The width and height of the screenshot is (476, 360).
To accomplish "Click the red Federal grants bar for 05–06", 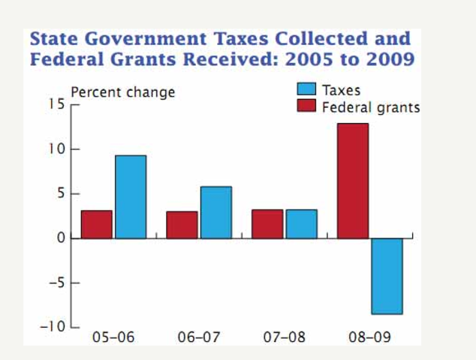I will point(97,224).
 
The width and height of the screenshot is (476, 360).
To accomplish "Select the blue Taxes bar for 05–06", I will point(131,196).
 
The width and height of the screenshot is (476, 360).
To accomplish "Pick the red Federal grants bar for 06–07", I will point(182,225).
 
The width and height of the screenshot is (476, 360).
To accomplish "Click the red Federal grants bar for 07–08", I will point(267,224).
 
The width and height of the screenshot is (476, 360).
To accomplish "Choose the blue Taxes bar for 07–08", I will point(301,224).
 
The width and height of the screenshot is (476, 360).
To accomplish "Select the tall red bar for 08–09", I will point(353,181).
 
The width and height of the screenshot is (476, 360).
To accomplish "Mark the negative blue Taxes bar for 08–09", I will point(387,276).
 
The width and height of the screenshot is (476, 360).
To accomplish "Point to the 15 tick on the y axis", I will point(58,104).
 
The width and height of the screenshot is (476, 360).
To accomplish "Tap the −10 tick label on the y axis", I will point(53,328).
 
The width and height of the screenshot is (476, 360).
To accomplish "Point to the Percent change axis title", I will point(122,92).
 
